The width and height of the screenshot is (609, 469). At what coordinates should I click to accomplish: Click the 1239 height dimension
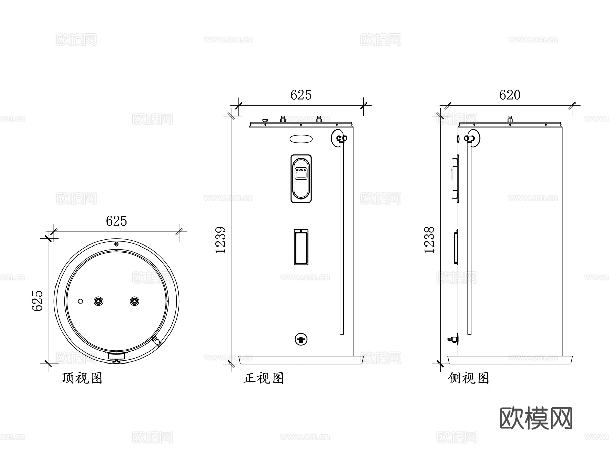click(x=220, y=240)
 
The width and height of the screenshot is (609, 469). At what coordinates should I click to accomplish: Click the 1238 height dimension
click(x=429, y=240)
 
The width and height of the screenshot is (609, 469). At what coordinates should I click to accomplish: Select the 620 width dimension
click(x=510, y=95)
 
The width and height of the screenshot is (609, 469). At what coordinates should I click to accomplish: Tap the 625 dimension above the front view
click(x=300, y=95)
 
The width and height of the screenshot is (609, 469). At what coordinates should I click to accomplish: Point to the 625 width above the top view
click(x=116, y=221)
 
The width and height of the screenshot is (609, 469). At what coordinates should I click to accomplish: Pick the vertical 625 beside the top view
click(x=38, y=301)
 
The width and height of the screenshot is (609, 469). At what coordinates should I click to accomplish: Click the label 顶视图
click(x=82, y=378)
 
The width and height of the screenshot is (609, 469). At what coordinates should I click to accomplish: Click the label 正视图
click(x=263, y=378)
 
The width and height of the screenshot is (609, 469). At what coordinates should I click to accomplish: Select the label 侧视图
click(x=469, y=378)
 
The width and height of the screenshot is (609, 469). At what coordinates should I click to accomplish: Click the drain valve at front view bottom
click(x=301, y=339)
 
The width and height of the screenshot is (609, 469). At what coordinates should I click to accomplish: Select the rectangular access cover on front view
click(x=301, y=247)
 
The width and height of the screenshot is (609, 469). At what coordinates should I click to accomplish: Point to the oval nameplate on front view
click(x=301, y=139)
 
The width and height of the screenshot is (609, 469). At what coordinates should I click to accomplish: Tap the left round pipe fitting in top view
click(x=98, y=301)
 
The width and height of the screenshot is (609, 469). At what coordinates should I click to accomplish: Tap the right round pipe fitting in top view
click(x=134, y=301)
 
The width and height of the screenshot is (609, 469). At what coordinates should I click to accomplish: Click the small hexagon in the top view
click(x=81, y=301)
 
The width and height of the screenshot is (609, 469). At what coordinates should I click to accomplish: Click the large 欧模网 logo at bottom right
click(x=536, y=418)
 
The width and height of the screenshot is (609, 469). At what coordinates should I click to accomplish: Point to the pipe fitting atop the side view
click(x=510, y=119)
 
